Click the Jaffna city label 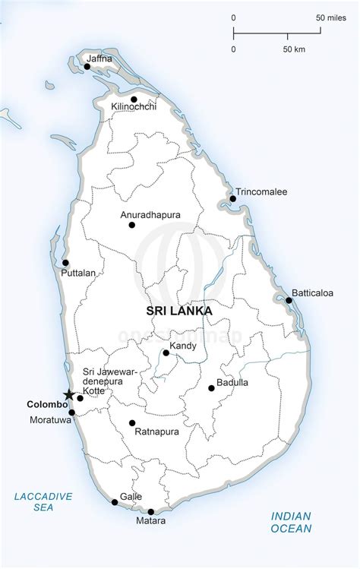[x=100, y=57]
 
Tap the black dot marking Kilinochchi [x=134, y=100]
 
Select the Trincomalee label [x=261, y=192]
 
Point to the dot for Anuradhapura [x=132, y=225]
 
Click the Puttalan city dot [x=65, y=263]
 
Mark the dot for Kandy [x=166, y=352]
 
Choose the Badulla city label [x=232, y=382]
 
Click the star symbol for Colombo [x=68, y=395]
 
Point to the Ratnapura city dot [x=132, y=423]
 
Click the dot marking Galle [x=115, y=501]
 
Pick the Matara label [x=151, y=523]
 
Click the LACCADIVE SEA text [x=43, y=502]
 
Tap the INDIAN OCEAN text [x=292, y=522]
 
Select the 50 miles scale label [x=328, y=17]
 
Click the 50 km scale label [x=294, y=49]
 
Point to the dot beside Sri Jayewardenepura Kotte [x=81, y=398]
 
